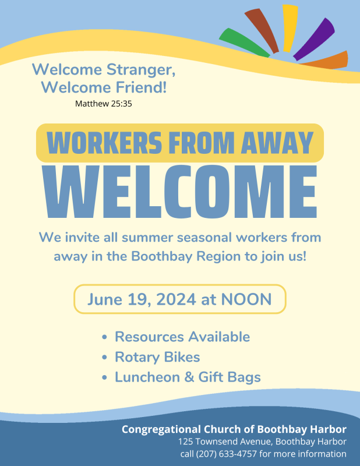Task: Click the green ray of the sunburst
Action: [x=243, y=42]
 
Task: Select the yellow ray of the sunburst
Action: [x=290, y=28]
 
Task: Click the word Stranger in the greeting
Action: [x=141, y=70]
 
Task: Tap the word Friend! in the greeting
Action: [x=141, y=87]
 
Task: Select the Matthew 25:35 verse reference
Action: [x=104, y=104]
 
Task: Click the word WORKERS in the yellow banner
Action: [x=104, y=143]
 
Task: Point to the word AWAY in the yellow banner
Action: [x=277, y=143]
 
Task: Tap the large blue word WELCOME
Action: [x=180, y=192]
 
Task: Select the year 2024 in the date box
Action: [x=176, y=299]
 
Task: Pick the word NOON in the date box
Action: [x=246, y=299]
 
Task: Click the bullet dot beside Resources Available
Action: [x=104, y=337]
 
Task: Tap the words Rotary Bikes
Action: [x=157, y=357]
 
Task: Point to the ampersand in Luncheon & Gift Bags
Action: [x=189, y=377]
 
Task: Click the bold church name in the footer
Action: [x=234, y=429]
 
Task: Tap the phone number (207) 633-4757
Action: [x=226, y=454]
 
